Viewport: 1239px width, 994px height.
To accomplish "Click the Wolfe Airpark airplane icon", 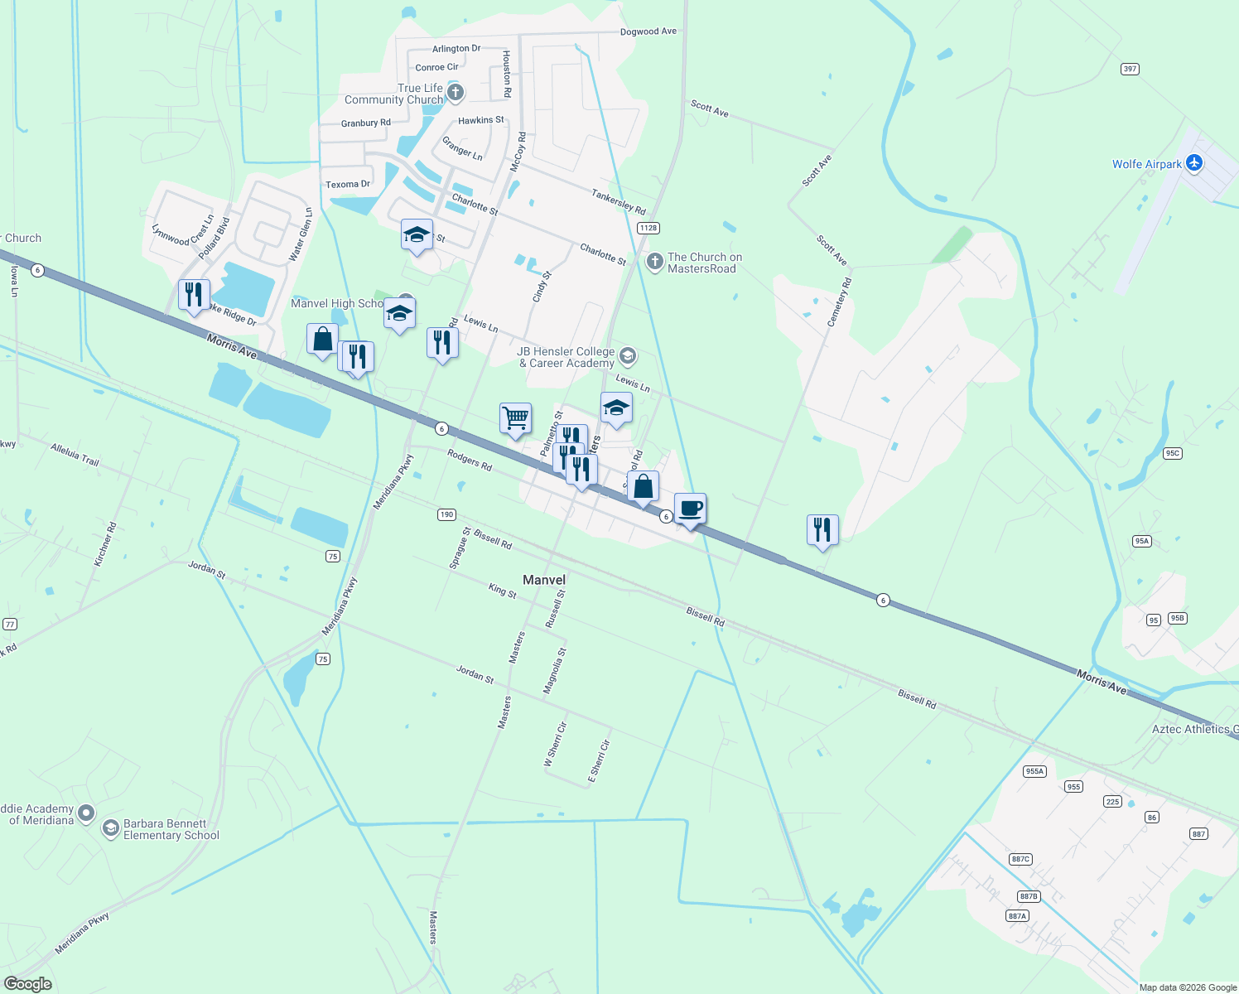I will point(1193,163).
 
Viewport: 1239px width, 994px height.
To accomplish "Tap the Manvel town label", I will point(544,580).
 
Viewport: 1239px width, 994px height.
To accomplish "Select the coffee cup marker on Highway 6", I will point(690,509).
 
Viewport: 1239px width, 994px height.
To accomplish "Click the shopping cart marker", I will point(515,418).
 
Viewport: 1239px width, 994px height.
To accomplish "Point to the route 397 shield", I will point(1130,69).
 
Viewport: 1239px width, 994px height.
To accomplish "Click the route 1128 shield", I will point(648,228).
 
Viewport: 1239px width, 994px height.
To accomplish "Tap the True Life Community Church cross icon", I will point(455,92).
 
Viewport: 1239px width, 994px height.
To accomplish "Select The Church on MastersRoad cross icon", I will point(655,263).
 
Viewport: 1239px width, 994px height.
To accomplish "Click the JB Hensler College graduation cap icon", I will point(628,356).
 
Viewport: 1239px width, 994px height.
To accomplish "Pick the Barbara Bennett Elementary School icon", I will point(110,828).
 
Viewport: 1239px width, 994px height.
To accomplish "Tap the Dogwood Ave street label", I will point(648,31).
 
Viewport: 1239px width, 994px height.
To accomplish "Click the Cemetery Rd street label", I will point(839,302).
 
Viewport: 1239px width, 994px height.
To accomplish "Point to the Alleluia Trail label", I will point(75,455).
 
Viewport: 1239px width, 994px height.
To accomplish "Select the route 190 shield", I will point(446,514).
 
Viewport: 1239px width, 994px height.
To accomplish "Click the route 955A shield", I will point(1034,771).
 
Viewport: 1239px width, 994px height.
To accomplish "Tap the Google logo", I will point(27,983).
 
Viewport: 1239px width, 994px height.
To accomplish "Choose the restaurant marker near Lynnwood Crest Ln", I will point(194,295).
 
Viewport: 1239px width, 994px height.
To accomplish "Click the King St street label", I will point(502,590).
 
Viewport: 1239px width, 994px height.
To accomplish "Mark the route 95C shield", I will point(1172,453).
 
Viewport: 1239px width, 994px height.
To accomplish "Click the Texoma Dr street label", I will point(348,184).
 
